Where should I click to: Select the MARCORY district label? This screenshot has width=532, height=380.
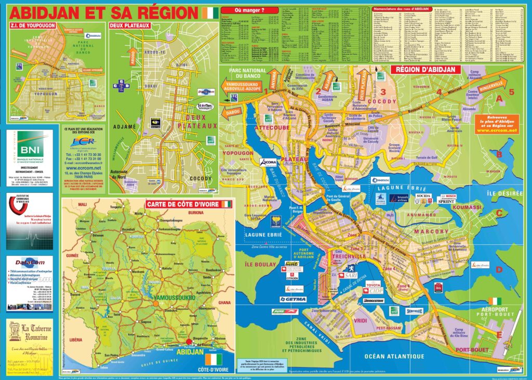[431, 231]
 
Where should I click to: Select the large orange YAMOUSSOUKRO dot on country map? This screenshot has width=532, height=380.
[155, 303]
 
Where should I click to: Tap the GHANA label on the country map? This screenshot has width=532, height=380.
[225, 303]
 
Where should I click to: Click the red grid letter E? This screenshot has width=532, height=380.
[499, 334]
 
